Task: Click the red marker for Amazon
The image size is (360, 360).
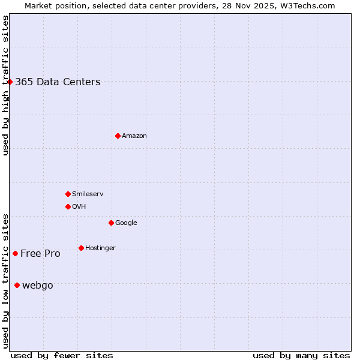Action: (118, 136)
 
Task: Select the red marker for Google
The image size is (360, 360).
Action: (111, 223)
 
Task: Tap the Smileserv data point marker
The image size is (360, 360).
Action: (68, 194)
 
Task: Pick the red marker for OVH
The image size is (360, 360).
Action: (68, 206)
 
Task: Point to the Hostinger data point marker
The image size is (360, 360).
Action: (81, 248)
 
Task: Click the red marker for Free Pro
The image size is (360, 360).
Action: (15, 253)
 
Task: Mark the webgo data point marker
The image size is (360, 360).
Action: (17, 285)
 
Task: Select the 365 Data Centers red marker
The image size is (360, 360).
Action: (10, 82)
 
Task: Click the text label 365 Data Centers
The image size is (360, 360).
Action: (58, 82)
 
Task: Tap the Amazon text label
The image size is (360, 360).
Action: (134, 136)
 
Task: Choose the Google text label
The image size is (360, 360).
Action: (126, 223)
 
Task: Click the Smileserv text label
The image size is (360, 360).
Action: (88, 194)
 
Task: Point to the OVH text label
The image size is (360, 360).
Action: (79, 207)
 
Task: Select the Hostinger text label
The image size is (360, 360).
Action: (100, 248)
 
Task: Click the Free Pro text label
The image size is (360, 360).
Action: (40, 254)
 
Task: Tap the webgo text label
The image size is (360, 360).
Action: (38, 286)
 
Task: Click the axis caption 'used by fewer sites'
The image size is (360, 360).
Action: (62, 355)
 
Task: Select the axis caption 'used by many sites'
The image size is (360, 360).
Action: (301, 355)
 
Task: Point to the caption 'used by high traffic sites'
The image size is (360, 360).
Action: (5, 85)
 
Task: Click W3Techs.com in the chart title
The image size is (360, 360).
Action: (307, 6)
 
